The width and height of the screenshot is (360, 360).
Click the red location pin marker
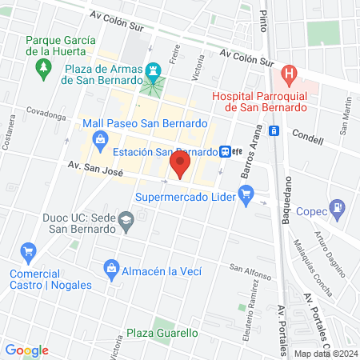[180, 166]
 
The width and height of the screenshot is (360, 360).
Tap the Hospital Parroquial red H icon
[290, 77]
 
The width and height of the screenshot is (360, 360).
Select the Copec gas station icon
[339, 210]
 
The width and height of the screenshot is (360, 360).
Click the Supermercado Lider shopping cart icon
[246, 193]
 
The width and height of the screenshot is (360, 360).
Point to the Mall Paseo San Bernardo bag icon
[100, 142]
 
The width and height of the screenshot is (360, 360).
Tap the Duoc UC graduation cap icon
[126, 219]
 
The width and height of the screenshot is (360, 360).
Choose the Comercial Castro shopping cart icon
[28, 252]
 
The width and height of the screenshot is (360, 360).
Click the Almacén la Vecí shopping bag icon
[110, 267]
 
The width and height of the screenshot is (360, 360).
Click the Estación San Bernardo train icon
[227, 151]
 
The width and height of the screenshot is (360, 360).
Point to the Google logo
[26, 350]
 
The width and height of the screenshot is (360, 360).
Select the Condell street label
[307, 138]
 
